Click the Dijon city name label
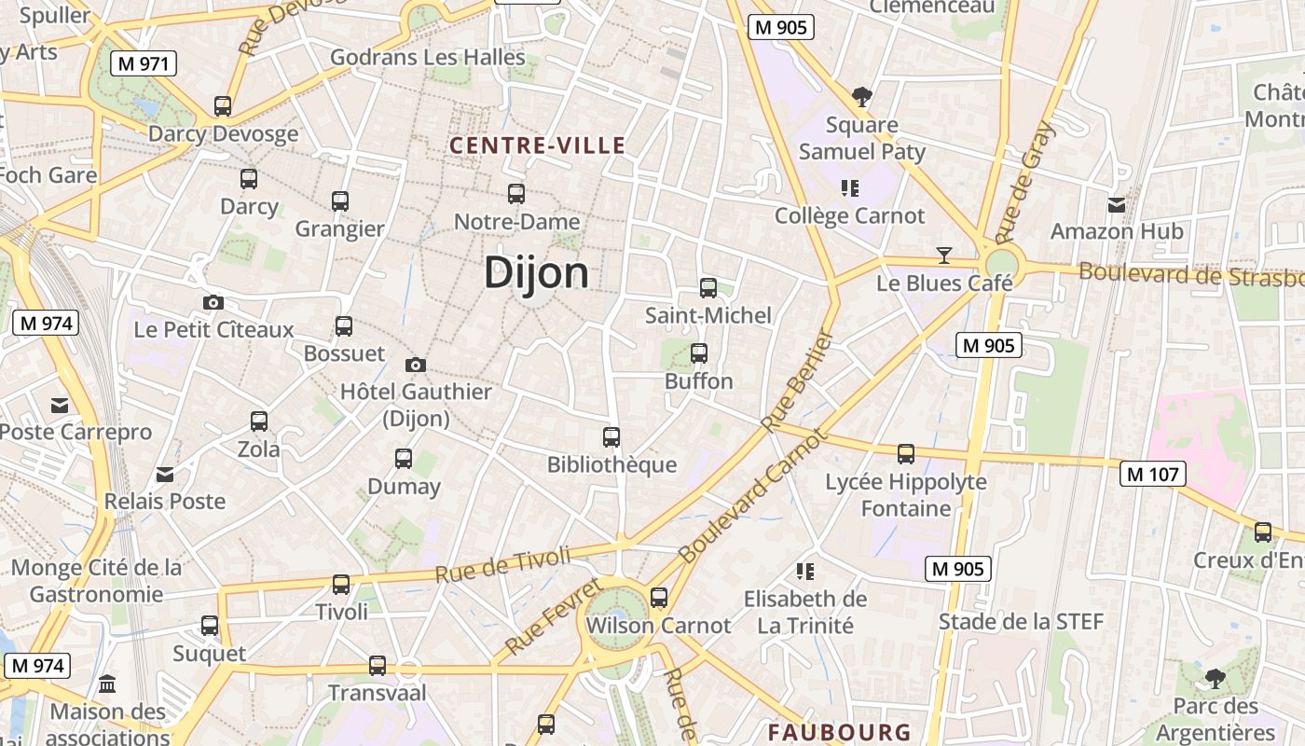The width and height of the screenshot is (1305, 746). point(536,273)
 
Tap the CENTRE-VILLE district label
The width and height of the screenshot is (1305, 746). point(537,145)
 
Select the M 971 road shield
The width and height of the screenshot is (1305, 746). point(143,63)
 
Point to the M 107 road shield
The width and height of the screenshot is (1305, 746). point(1152,474)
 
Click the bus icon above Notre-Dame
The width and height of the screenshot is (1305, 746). point(515,194)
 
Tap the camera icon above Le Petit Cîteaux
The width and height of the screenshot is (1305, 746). point(213,302)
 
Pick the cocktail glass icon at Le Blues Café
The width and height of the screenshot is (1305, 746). point(944,256)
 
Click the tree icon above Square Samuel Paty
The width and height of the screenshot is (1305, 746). point(862,96)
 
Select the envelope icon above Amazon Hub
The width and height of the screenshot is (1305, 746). point(1116,204)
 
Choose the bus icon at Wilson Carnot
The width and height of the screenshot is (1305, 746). point(659,598)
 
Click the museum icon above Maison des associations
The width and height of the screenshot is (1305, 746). point(107,684)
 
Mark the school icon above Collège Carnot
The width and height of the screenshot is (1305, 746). point(849,188)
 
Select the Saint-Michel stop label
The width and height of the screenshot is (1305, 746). point(708,315)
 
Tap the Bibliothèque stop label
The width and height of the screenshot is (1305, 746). point(611,464)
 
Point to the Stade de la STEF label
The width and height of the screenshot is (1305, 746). point(1021,622)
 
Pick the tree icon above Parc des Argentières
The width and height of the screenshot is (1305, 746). point(1214,678)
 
